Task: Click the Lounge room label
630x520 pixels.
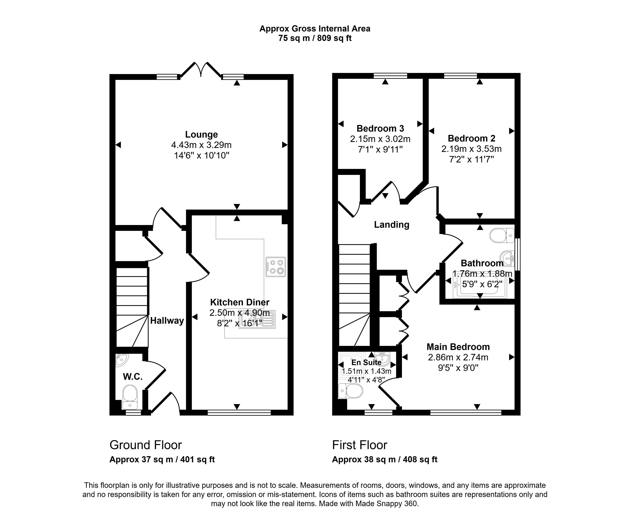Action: tap(201, 135)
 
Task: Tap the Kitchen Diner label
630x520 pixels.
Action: tap(240, 302)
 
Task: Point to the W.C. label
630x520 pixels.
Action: tap(133, 377)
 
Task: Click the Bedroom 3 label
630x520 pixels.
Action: tap(380, 128)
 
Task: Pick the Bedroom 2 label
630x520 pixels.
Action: tap(472, 138)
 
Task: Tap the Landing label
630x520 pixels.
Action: tap(392, 225)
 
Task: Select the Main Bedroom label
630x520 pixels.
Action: tap(458, 347)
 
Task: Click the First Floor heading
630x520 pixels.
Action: tap(360, 445)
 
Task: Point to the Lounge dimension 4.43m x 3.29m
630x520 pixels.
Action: tap(201, 145)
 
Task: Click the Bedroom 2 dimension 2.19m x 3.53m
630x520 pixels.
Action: tap(472, 149)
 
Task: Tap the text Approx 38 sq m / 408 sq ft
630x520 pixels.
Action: tap(385, 459)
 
